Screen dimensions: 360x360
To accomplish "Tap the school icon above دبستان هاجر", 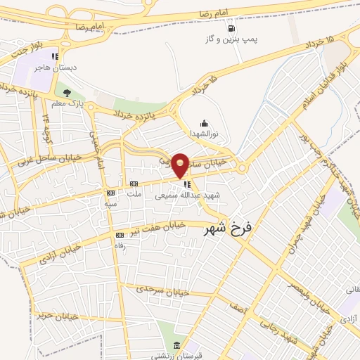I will [x=55, y=56].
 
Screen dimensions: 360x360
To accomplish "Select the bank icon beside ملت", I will [x=132, y=183].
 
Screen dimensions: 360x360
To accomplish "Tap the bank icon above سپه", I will [x=110, y=192].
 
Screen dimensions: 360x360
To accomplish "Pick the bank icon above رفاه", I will [x=119, y=235].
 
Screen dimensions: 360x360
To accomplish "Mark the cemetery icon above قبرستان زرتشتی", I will [x=177, y=346].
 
